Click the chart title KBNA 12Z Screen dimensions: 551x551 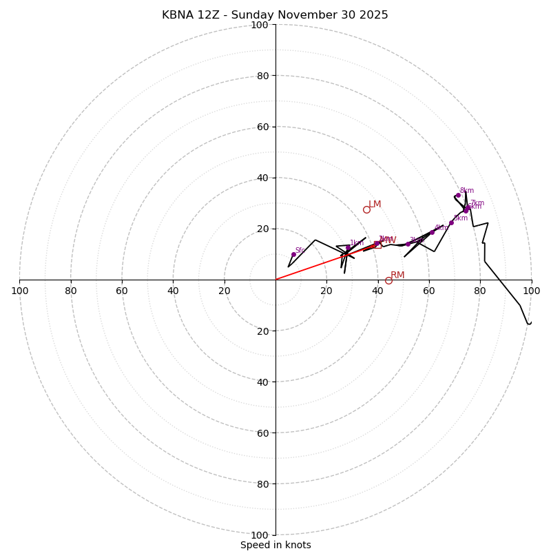click(x=275, y=15)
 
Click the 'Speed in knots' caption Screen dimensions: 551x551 click(x=275, y=545)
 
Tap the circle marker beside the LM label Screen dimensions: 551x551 click(x=366, y=209)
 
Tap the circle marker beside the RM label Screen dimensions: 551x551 click(x=388, y=280)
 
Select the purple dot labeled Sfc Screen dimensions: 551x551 click(x=293, y=254)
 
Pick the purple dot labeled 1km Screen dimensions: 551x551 click(x=348, y=247)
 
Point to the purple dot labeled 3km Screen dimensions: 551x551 click(x=408, y=244)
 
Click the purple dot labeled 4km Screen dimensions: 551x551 click(x=432, y=232)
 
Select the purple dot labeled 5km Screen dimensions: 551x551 click(x=451, y=222)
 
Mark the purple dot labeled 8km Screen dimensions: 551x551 click(x=458, y=195)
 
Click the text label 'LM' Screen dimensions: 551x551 click(x=375, y=205)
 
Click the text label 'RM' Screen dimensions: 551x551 click(x=397, y=275)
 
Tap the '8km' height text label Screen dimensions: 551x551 click(x=467, y=191)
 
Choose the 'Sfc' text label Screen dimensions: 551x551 click(x=300, y=251)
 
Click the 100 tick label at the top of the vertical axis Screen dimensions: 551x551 click(x=260, y=25)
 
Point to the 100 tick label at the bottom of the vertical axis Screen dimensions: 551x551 click(x=260, y=535)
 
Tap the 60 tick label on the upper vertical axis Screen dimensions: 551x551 click(x=262, y=127)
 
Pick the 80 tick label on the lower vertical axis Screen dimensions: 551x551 click(x=262, y=484)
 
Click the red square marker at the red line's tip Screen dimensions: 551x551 click(x=377, y=244)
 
